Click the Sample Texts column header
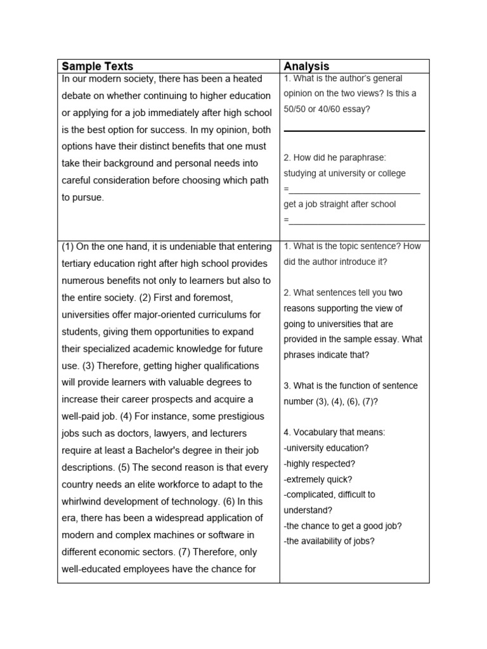[97, 67]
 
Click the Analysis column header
[306, 67]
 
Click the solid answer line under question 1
[354, 131]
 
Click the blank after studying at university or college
[354, 190]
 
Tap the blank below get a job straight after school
[357, 221]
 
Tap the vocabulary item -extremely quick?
[318, 479]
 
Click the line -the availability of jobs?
[329, 541]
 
